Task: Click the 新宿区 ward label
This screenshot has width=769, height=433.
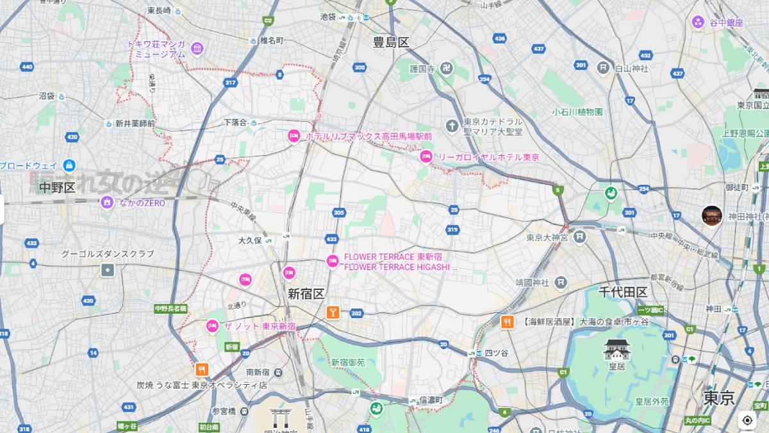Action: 306,294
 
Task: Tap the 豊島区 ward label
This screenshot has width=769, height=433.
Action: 391,42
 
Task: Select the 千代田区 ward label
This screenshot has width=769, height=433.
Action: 623,293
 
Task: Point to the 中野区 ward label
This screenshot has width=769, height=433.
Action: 57,187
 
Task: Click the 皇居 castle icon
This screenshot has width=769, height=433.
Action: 616,350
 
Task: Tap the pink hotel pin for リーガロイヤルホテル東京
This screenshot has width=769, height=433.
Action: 426,157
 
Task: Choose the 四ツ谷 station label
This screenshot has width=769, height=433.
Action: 495,353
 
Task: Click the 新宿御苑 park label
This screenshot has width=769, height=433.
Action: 348,362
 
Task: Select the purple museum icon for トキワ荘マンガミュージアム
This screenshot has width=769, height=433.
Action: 197,48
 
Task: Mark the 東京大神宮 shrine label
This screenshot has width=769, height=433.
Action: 549,237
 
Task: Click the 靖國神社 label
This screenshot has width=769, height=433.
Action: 533,282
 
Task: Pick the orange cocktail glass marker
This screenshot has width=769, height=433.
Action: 333,312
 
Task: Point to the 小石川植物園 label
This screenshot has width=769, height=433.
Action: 577,112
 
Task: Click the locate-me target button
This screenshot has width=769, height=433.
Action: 747,420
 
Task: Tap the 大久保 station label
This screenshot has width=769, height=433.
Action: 250,241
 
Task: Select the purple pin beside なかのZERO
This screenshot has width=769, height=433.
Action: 107,203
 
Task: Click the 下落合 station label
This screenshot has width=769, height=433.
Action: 235,122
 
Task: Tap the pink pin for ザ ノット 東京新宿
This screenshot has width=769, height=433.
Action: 212,327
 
